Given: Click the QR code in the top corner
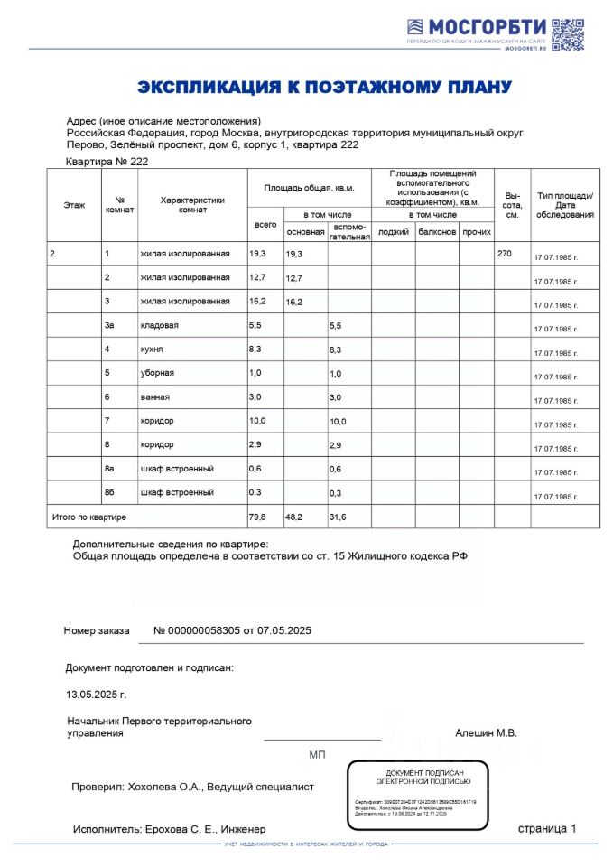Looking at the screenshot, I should [568, 33].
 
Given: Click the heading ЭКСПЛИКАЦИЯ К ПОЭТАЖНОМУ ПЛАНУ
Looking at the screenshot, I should [324, 87].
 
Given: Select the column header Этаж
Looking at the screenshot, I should [74, 205].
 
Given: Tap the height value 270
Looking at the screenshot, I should [504, 254].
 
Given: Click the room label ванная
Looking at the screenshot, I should [154, 396].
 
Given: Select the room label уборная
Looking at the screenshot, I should [157, 373].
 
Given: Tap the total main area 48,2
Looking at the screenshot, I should [295, 517].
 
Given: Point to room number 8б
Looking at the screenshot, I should [110, 492].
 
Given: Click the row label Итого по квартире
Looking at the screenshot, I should [88, 517].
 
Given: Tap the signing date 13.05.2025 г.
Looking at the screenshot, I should [96, 695].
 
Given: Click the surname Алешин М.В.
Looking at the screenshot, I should [486, 733].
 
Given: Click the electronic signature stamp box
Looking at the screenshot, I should [417, 794].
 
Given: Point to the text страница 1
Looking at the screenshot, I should [546, 828].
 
